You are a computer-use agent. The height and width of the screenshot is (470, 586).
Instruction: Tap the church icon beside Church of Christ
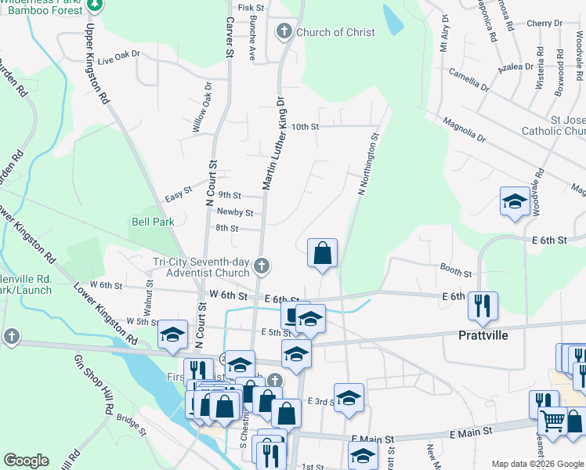[284, 32]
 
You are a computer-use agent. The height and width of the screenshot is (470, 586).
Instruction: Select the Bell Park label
[152, 222]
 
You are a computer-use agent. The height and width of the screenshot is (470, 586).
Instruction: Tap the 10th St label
[305, 126]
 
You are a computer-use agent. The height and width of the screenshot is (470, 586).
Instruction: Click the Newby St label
[235, 212]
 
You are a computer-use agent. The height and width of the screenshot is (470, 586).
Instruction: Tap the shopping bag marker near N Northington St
[322, 253]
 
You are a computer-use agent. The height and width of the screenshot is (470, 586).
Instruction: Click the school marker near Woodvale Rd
[515, 201]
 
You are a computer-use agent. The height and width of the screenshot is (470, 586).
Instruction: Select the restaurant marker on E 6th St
[483, 304]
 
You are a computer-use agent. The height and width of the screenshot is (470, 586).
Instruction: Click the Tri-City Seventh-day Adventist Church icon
[262, 267]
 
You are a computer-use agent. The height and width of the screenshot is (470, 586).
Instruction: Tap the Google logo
[27, 460]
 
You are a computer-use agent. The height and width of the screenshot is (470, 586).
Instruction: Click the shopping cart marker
[553, 421]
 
